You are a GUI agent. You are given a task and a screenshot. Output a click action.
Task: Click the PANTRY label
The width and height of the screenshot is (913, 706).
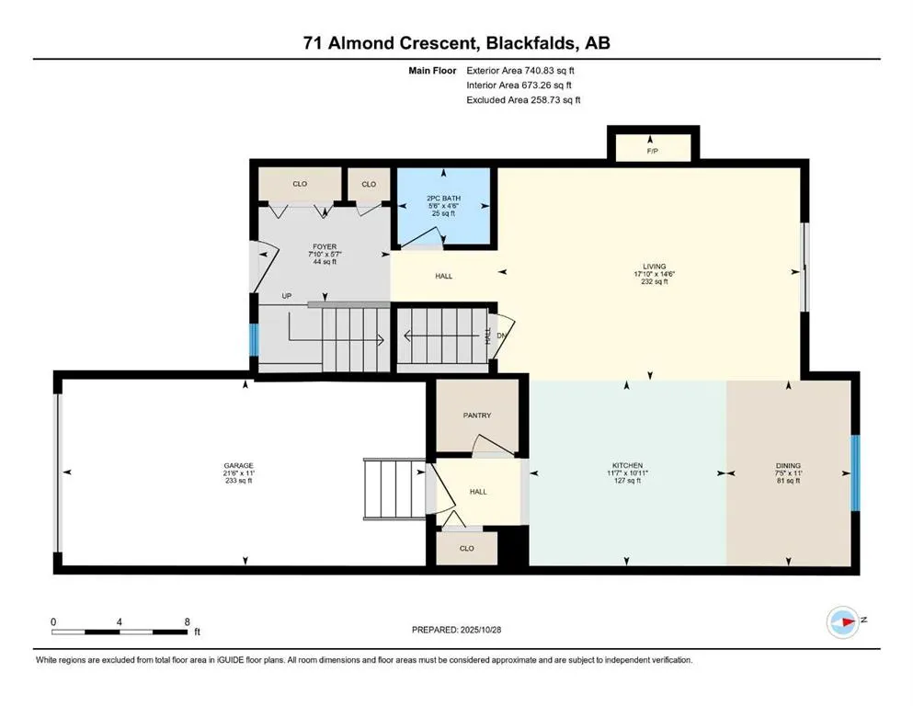pyautogui.click(x=476, y=416)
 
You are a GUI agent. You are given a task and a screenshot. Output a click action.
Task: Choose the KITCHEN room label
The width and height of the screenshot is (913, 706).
pyautogui.click(x=626, y=466)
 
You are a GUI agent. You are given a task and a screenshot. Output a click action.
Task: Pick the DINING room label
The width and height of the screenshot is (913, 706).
pyautogui.click(x=788, y=466)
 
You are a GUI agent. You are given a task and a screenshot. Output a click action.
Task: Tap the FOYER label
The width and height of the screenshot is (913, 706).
pyautogui.click(x=325, y=246)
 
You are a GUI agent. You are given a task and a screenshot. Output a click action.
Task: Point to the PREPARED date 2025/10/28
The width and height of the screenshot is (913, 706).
pyautogui.click(x=456, y=630)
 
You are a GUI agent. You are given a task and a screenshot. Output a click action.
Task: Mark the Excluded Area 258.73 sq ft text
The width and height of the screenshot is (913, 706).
pyautogui.click(x=523, y=99)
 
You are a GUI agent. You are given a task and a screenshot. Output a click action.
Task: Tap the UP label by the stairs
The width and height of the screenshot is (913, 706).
pyautogui.click(x=288, y=296)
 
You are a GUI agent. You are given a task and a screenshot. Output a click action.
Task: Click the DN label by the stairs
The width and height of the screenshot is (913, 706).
pyautogui.click(x=501, y=336)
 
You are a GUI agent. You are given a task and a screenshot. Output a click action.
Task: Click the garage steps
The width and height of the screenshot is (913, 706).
pyautogui.click(x=393, y=490)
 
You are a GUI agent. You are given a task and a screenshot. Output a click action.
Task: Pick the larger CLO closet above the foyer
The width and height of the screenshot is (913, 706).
pyautogui.click(x=300, y=185)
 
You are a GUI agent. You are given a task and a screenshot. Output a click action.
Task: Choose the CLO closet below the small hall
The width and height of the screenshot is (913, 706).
pyautogui.click(x=466, y=548)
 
